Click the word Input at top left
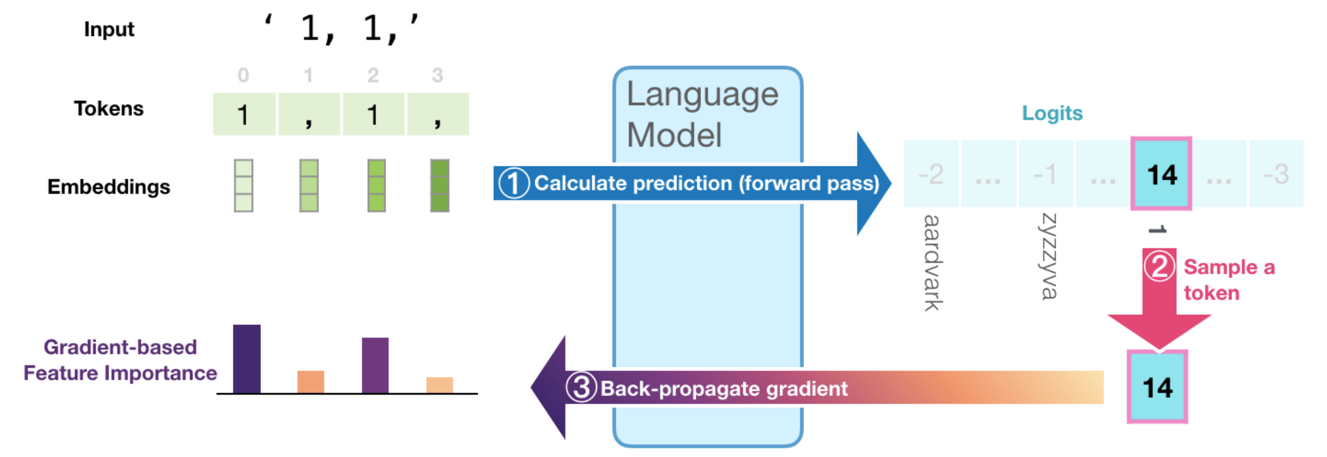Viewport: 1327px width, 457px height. pos(109,29)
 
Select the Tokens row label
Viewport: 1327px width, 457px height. pos(108,108)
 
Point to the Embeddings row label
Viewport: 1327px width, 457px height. pos(108,187)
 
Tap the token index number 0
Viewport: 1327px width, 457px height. pos(243,75)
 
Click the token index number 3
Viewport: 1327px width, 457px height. pos(437,75)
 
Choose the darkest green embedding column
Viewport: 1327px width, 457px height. pos(440,186)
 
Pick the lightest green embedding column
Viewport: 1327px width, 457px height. pos(243,186)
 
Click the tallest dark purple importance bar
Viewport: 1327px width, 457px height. pos(247,359)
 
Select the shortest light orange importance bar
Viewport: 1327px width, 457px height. pos(440,385)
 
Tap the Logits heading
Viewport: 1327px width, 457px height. pos(1052,113)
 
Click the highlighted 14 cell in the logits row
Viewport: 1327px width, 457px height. pos(1161,174)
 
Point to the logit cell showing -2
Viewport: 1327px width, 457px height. pos(931,174)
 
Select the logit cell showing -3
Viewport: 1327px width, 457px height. pos(1276,174)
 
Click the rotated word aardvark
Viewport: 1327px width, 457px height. pos(932,262)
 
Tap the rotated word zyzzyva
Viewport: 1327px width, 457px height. pos(1049,256)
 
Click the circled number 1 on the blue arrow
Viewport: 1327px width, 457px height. pos(514,183)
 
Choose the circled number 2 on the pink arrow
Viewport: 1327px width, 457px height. pos(1159,266)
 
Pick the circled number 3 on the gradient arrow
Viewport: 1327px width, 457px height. pos(581,387)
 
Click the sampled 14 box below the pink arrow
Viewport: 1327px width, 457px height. pos(1158,387)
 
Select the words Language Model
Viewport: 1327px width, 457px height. pos(702,114)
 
